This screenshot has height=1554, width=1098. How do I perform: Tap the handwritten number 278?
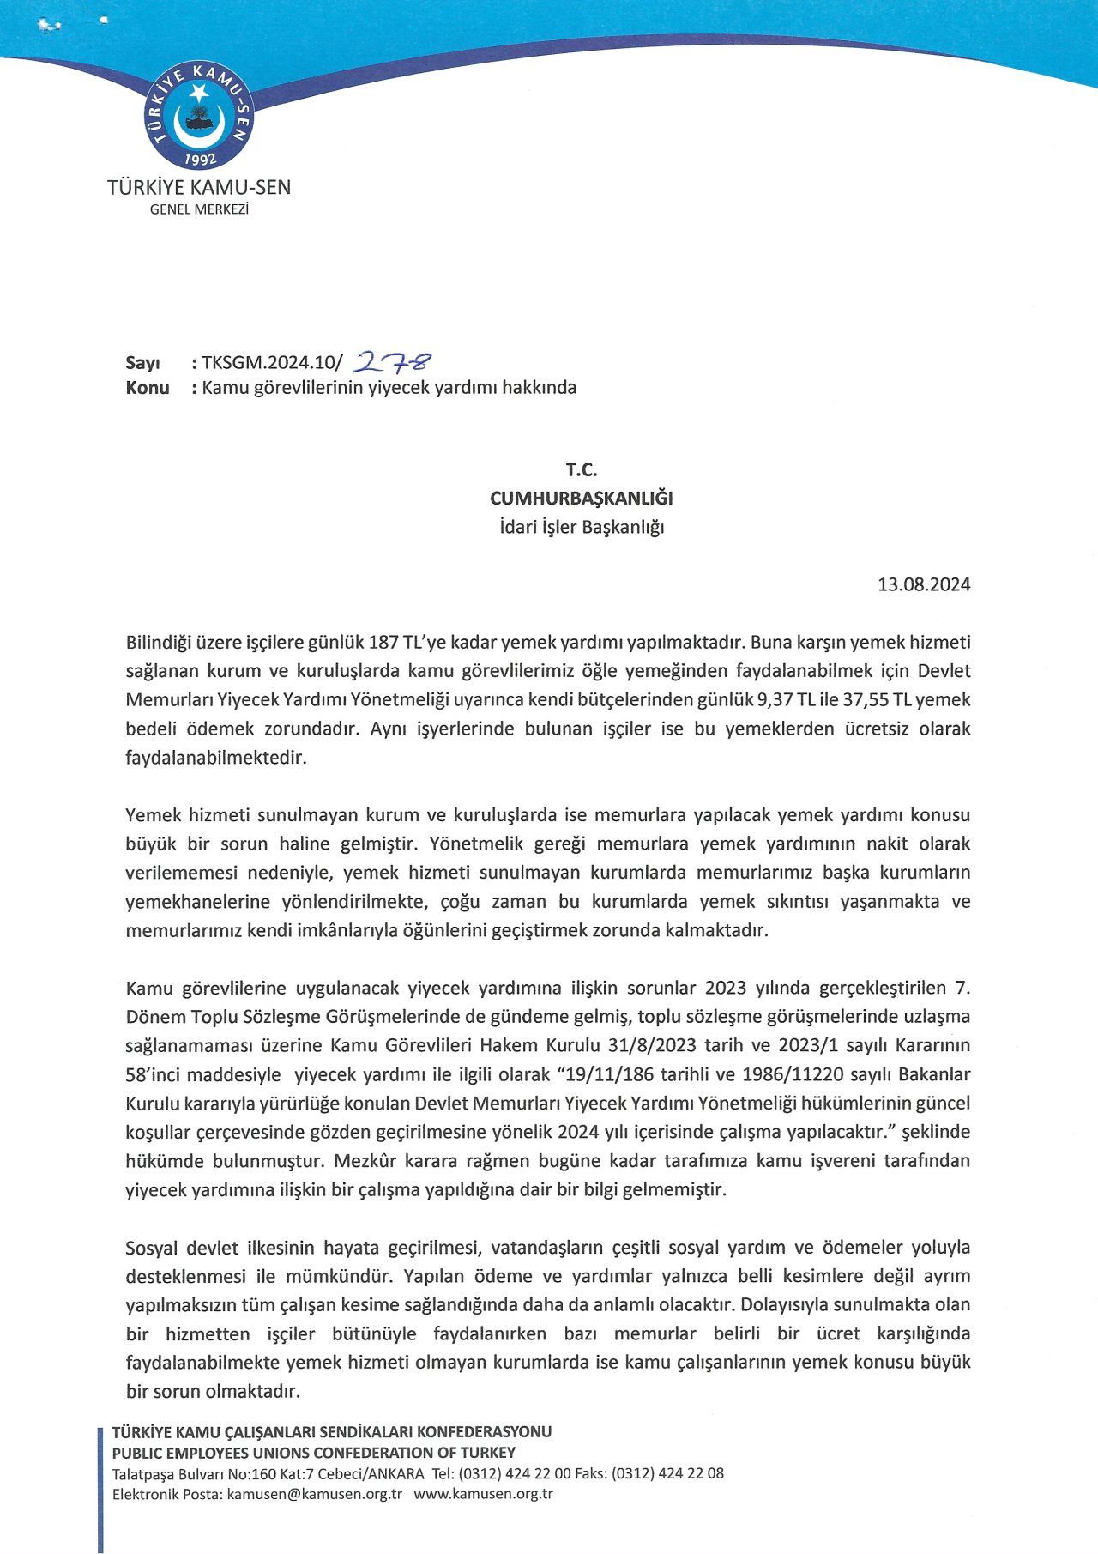[395, 363]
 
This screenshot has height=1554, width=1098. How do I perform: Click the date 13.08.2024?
[924, 584]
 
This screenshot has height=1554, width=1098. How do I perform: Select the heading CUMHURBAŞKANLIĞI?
[581, 498]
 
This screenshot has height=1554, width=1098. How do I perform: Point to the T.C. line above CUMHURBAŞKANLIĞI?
[581, 469]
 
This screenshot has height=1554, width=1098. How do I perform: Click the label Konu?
[148, 388]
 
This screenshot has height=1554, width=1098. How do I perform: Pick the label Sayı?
[142, 363]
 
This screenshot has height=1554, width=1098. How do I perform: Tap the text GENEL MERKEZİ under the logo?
[199, 209]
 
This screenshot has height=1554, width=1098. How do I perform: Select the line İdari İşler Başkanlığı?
[582, 527]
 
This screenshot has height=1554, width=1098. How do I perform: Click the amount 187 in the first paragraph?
[383, 643]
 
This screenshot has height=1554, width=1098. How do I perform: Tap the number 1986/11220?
[793, 1074]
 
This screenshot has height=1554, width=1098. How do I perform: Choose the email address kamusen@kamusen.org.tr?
[314, 1494]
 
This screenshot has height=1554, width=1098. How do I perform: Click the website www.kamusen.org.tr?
[483, 1494]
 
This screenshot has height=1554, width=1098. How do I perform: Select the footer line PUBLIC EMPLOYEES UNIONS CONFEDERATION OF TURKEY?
[314, 1453]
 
